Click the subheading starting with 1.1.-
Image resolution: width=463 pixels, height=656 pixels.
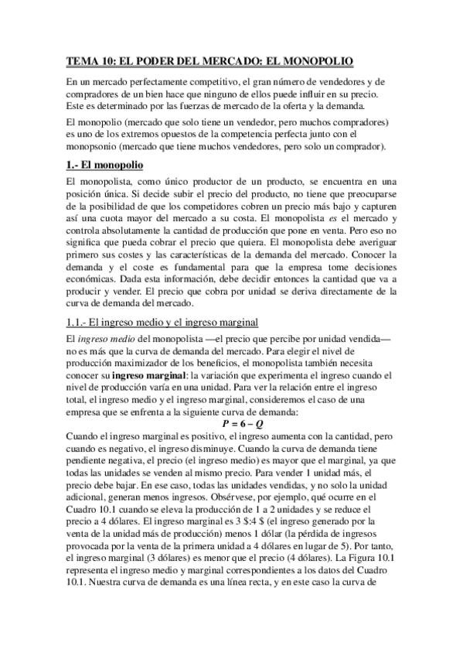pyautogui.click(x=162, y=321)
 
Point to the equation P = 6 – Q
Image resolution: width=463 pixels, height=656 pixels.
pyautogui.click(x=232, y=424)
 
